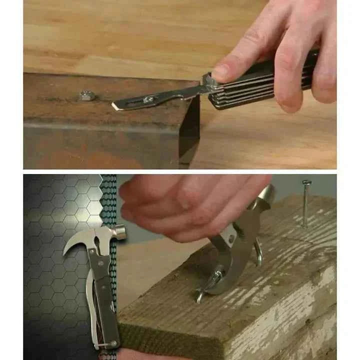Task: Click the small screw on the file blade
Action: pyautogui.click(x=148, y=99)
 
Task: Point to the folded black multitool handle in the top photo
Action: pyautogui.click(x=260, y=85)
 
